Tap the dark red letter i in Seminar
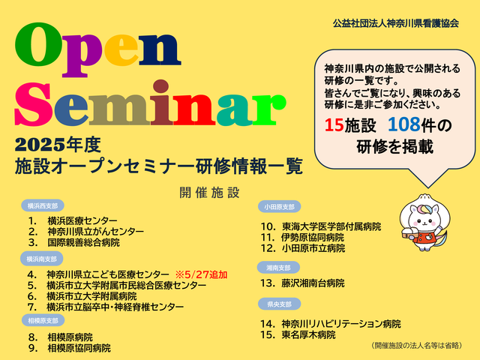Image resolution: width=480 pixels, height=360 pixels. pyautogui.click(x=161, y=103)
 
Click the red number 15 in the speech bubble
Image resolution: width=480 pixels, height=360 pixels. pyautogui.click(x=334, y=125)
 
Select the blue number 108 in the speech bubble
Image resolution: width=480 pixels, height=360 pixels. pyautogui.click(x=403, y=124)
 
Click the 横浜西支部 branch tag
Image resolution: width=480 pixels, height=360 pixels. pyautogui.click(x=43, y=205)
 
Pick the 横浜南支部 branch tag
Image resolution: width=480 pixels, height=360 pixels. pyautogui.click(x=42, y=259)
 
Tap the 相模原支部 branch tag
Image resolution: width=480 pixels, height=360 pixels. pyautogui.click(x=43, y=320)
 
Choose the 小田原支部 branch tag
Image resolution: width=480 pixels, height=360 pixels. pyautogui.click(x=279, y=207)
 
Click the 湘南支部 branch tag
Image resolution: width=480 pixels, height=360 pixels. pyautogui.click(x=278, y=268)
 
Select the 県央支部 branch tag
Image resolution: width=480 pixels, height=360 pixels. pyautogui.click(x=279, y=304)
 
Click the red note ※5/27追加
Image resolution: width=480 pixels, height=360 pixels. pyautogui.click(x=201, y=274)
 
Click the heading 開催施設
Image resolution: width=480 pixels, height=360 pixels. pyautogui.click(x=209, y=193)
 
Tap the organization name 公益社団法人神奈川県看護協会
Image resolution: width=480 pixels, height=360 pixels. pyautogui.click(x=396, y=23)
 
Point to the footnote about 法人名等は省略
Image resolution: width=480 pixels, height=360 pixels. pyautogui.click(x=417, y=345)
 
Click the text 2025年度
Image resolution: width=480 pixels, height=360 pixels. pyautogui.click(x=58, y=145)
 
